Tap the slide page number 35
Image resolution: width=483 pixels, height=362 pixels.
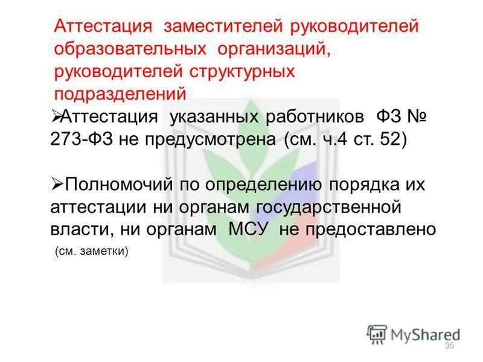(449, 345)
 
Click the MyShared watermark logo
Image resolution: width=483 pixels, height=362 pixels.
(414, 334)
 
